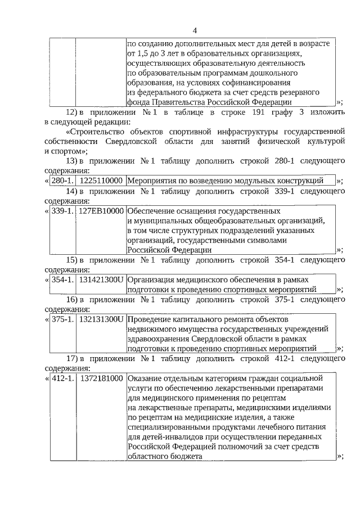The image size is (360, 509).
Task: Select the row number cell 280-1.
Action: coord(62,181)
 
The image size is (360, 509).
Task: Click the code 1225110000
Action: coord(101,181)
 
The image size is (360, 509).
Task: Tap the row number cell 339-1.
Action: coord(62,211)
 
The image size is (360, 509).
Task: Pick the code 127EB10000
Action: coord(101,211)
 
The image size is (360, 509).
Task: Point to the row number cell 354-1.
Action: coord(62,280)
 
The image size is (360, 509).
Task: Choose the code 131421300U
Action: coord(101,280)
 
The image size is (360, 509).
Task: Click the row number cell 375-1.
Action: coord(62,319)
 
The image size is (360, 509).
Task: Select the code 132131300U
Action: coord(101,319)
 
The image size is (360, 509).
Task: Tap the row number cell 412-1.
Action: coord(62,378)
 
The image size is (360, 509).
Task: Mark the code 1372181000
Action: coord(101,378)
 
